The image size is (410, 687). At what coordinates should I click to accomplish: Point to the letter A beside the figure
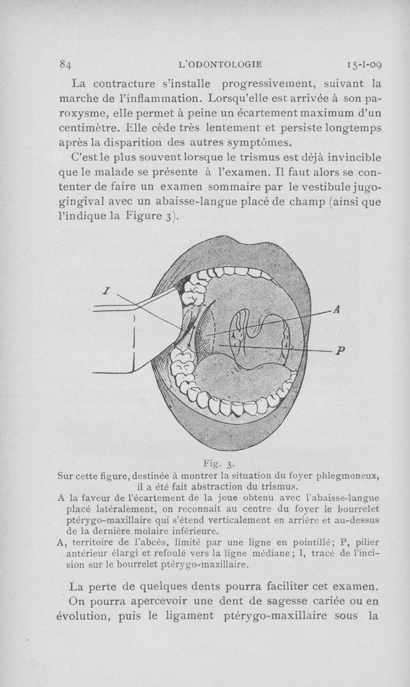[x=337, y=309]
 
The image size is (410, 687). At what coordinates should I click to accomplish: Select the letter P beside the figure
[x=341, y=351]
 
